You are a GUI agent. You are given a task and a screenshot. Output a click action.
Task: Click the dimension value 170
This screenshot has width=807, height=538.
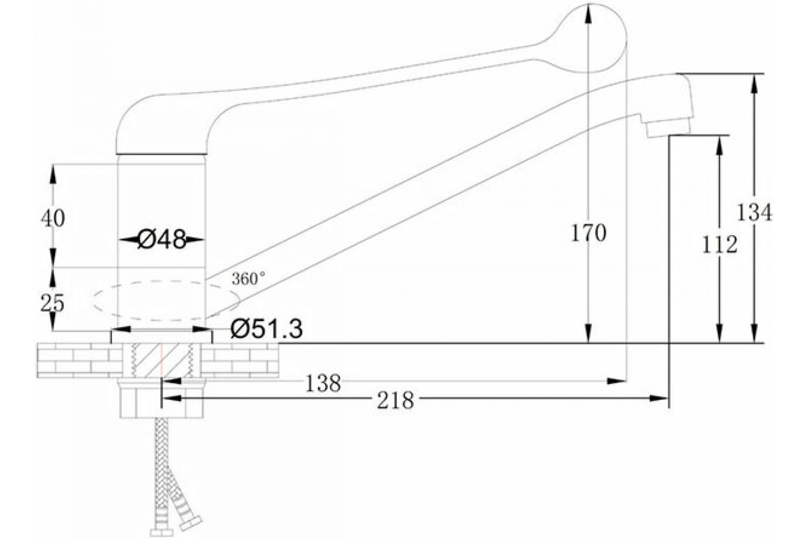pos(588,233)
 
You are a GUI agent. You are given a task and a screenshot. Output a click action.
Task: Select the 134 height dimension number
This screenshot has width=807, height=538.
pos(754,213)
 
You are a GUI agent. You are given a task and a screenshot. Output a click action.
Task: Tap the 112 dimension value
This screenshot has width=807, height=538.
pos(720,245)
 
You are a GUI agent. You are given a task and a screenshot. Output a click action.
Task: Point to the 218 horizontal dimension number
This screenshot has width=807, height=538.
pos(395,400)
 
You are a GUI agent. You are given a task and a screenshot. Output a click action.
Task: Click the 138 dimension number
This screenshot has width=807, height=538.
pos(323,384)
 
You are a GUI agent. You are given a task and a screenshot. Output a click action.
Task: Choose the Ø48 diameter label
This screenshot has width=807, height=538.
pos(162,239)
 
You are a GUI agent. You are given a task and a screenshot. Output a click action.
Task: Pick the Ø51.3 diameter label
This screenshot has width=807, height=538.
pos(267,329)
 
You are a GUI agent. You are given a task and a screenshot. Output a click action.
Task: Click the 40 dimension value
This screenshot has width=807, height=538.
pos(53,218)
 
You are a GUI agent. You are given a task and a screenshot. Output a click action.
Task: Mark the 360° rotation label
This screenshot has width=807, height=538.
pos(248,279)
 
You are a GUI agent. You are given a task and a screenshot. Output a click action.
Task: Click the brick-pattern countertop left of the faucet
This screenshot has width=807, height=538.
pos(79,360)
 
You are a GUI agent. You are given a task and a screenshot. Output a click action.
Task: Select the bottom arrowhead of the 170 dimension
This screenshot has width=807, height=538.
pos(588,334)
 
